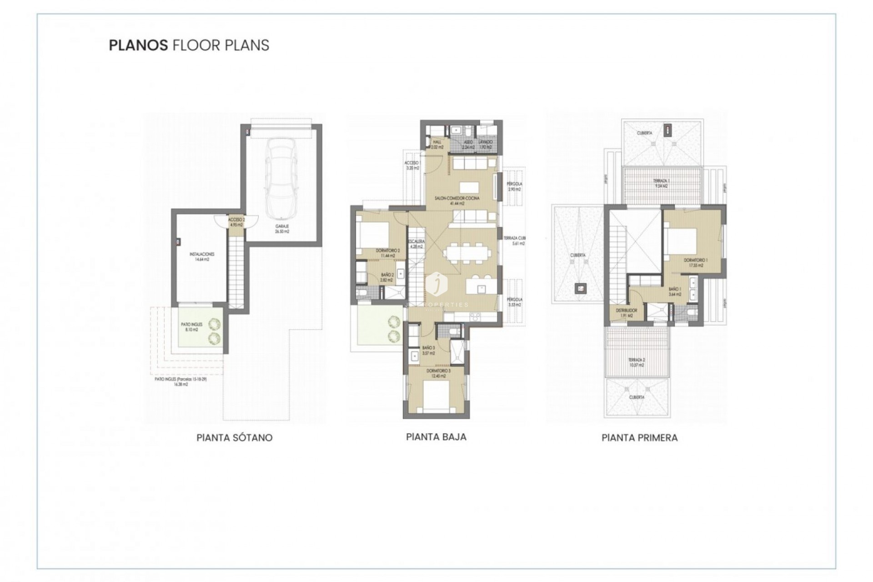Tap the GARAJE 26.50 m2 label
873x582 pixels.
pos(282,229)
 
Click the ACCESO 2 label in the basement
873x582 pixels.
pos(236,222)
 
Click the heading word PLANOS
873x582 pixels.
pos(137,45)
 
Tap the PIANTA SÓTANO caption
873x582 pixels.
pos(234,438)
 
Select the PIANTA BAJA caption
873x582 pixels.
pos(436,437)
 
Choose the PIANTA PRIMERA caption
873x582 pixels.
pos(639,438)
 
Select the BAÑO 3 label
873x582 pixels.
pos(428,350)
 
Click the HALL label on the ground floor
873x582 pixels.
pos(437,145)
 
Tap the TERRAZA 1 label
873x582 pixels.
pos(661,183)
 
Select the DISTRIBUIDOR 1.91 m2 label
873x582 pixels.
pos(626,313)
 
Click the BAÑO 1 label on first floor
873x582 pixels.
pos(674,291)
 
